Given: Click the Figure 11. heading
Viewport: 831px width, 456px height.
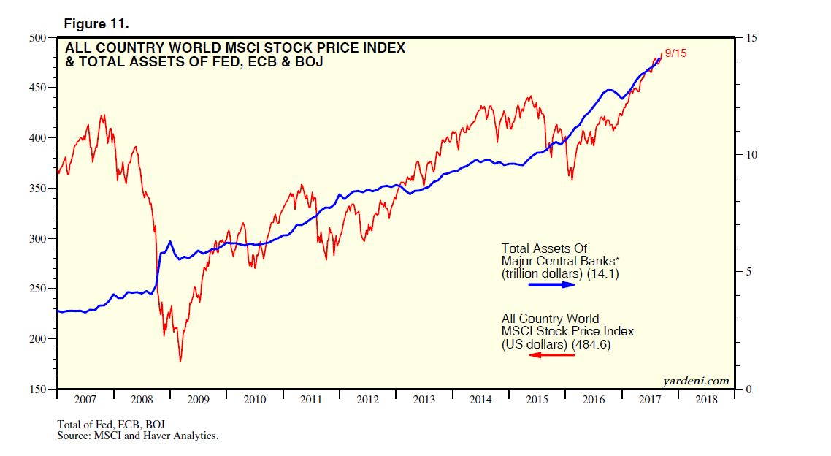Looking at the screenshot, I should [x=96, y=24].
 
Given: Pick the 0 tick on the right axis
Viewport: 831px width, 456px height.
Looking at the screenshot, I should [x=747, y=389].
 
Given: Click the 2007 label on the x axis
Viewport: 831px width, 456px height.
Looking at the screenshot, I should [x=85, y=400].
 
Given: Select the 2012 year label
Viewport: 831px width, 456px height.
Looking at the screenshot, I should [x=367, y=400].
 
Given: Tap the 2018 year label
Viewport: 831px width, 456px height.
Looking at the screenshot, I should [x=706, y=400].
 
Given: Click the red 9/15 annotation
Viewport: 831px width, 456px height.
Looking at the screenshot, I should [x=675, y=55].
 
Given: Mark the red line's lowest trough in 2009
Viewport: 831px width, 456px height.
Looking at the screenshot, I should [x=180, y=361].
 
